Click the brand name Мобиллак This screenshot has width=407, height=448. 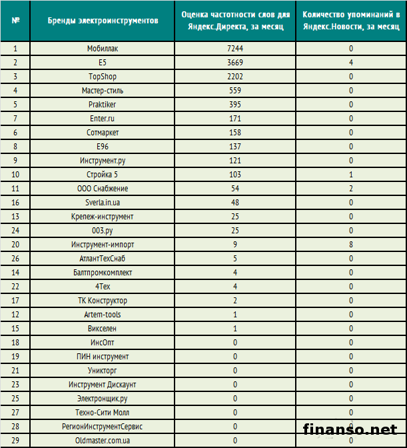click(x=103, y=49)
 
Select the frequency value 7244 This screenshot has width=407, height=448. click(x=236, y=49)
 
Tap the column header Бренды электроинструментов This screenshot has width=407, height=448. click(x=103, y=21)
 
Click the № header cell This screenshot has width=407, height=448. click(x=15, y=21)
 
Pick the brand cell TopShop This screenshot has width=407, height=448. click(x=103, y=77)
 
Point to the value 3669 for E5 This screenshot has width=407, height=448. click(x=236, y=63)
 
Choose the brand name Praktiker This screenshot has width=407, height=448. click(x=103, y=105)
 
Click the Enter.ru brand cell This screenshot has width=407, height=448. click(x=103, y=119)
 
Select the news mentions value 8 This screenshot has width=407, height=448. click(x=350, y=245)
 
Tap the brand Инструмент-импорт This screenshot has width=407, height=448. click(x=103, y=245)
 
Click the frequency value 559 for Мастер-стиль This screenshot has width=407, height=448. click(x=236, y=91)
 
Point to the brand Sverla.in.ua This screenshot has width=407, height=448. click(x=103, y=203)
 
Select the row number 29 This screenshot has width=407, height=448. click(x=15, y=441)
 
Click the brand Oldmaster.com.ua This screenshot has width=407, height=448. click(x=103, y=441)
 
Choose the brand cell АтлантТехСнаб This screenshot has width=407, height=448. click(x=103, y=259)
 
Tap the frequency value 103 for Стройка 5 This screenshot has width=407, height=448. click(x=236, y=175)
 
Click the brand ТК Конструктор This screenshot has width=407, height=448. click(x=103, y=301)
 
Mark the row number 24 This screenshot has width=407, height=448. click(x=15, y=231)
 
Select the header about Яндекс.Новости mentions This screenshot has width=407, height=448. click(x=350, y=21)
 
